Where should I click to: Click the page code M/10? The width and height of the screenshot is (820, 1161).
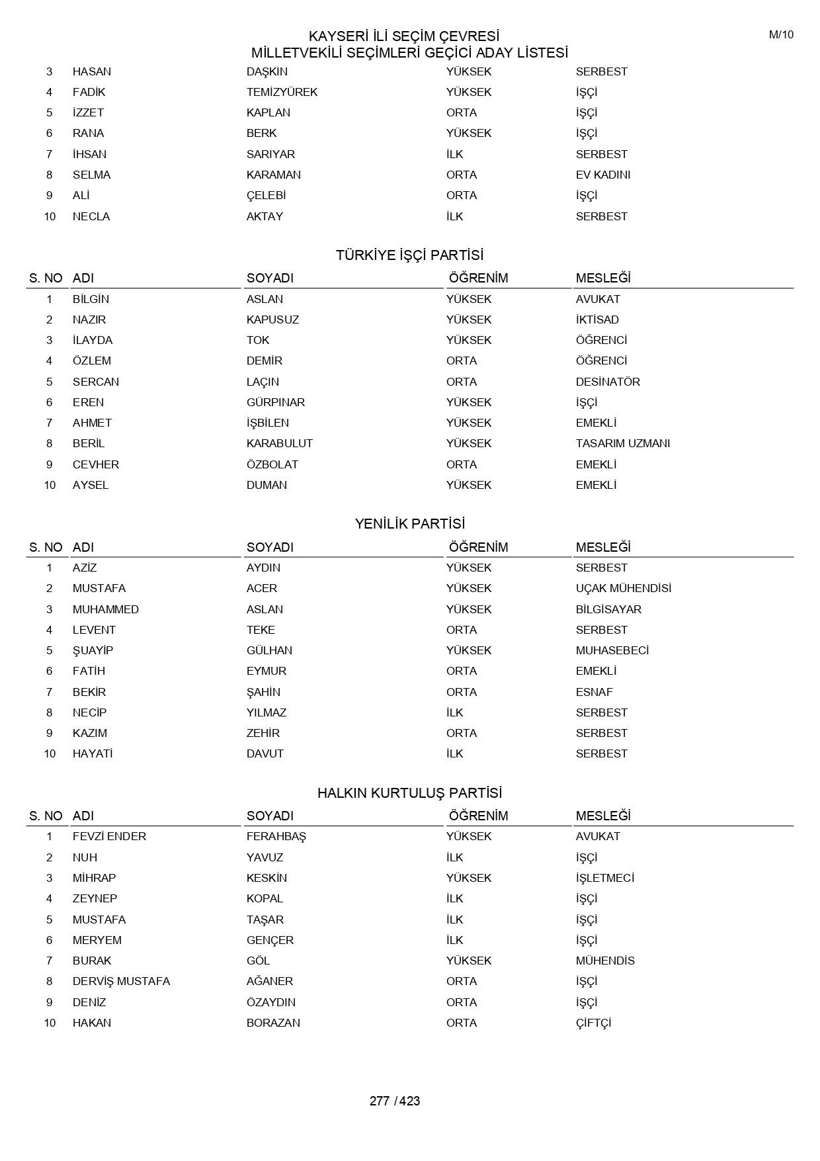pyautogui.click(x=781, y=35)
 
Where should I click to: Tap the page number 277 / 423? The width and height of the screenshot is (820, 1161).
pyautogui.click(x=394, y=1101)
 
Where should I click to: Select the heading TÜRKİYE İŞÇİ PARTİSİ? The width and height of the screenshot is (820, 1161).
pyautogui.click(x=409, y=255)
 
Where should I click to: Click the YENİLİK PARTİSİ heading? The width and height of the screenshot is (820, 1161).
pyautogui.click(x=409, y=524)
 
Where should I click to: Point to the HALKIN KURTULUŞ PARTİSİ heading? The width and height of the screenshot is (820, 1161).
pyautogui.click(x=409, y=793)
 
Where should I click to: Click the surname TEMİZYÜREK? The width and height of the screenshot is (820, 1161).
pyautogui.click(x=282, y=92)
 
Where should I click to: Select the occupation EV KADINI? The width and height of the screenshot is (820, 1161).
pyautogui.click(x=602, y=175)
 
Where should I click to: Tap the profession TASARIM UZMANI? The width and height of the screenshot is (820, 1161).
pyautogui.click(x=622, y=443)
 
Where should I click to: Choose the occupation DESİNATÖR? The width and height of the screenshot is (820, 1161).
pyautogui.click(x=608, y=382)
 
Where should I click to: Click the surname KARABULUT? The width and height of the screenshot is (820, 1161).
pyautogui.click(x=279, y=443)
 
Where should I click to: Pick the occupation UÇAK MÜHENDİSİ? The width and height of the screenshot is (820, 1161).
pyautogui.click(x=623, y=588)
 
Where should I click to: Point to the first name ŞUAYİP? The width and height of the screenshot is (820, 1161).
pyautogui.click(x=93, y=650)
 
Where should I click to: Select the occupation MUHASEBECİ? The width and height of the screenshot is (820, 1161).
pyautogui.click(x=612, y=650)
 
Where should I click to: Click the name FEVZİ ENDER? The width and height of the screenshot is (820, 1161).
pyautogui.click(x=109, y=836)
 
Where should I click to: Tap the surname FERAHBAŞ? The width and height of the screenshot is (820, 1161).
pyautogui.click(x=276, y=836)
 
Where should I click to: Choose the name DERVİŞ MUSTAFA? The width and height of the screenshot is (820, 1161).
pyautogui.click(x=121, y=981)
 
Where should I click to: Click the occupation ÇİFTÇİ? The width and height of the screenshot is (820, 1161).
pyautogui.click(x=593, y=1023)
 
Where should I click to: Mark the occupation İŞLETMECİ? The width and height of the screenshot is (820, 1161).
pyautogui.click(x=604, y=878)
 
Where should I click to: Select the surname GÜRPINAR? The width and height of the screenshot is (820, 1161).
pyautogui.click(x=275, y=402)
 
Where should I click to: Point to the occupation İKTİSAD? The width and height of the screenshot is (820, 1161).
pyautogui.click(x=597, y=320)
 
